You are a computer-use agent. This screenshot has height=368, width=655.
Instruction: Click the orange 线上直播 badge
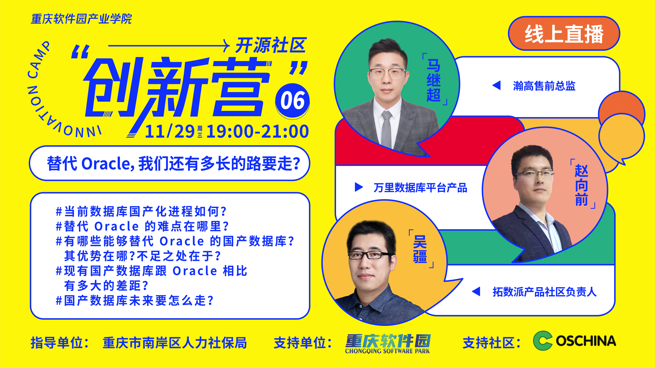click(564, 34)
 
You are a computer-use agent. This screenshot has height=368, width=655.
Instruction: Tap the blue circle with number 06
click(292, 101)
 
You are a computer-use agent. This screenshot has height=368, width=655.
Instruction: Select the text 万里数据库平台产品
click(420, 188)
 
